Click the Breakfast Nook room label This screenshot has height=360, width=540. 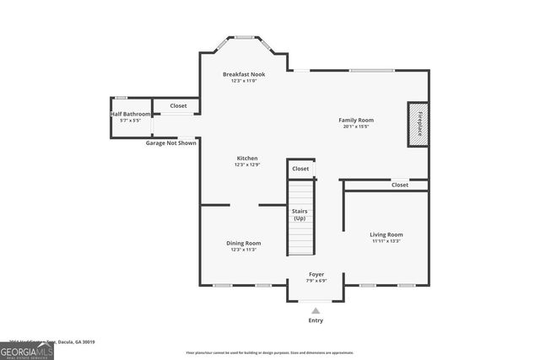[244, 74]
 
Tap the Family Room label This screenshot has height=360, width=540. [356, 120]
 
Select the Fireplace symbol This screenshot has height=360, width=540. [418, 124]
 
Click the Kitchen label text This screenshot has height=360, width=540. [246, 159]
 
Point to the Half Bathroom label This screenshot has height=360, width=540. [131, 113]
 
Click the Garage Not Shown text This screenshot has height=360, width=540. [170, 143]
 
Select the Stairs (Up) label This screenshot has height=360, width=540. [299, 214]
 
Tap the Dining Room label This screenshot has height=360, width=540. [243, 243]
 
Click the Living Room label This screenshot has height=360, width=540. [386, 234]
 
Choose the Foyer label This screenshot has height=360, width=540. [316, 275]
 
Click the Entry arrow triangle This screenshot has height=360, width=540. [316, 310]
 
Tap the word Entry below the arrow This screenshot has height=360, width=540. [316, 320]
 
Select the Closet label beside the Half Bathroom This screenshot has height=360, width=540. [178, 106]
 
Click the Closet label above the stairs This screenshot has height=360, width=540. [300, 169]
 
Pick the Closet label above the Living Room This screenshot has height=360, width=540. [400, 185]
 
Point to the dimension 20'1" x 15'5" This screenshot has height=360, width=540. [356, 127]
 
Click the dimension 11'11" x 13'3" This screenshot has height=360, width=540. [386, 242]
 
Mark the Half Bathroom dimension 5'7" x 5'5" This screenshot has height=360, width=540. [131, 121]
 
